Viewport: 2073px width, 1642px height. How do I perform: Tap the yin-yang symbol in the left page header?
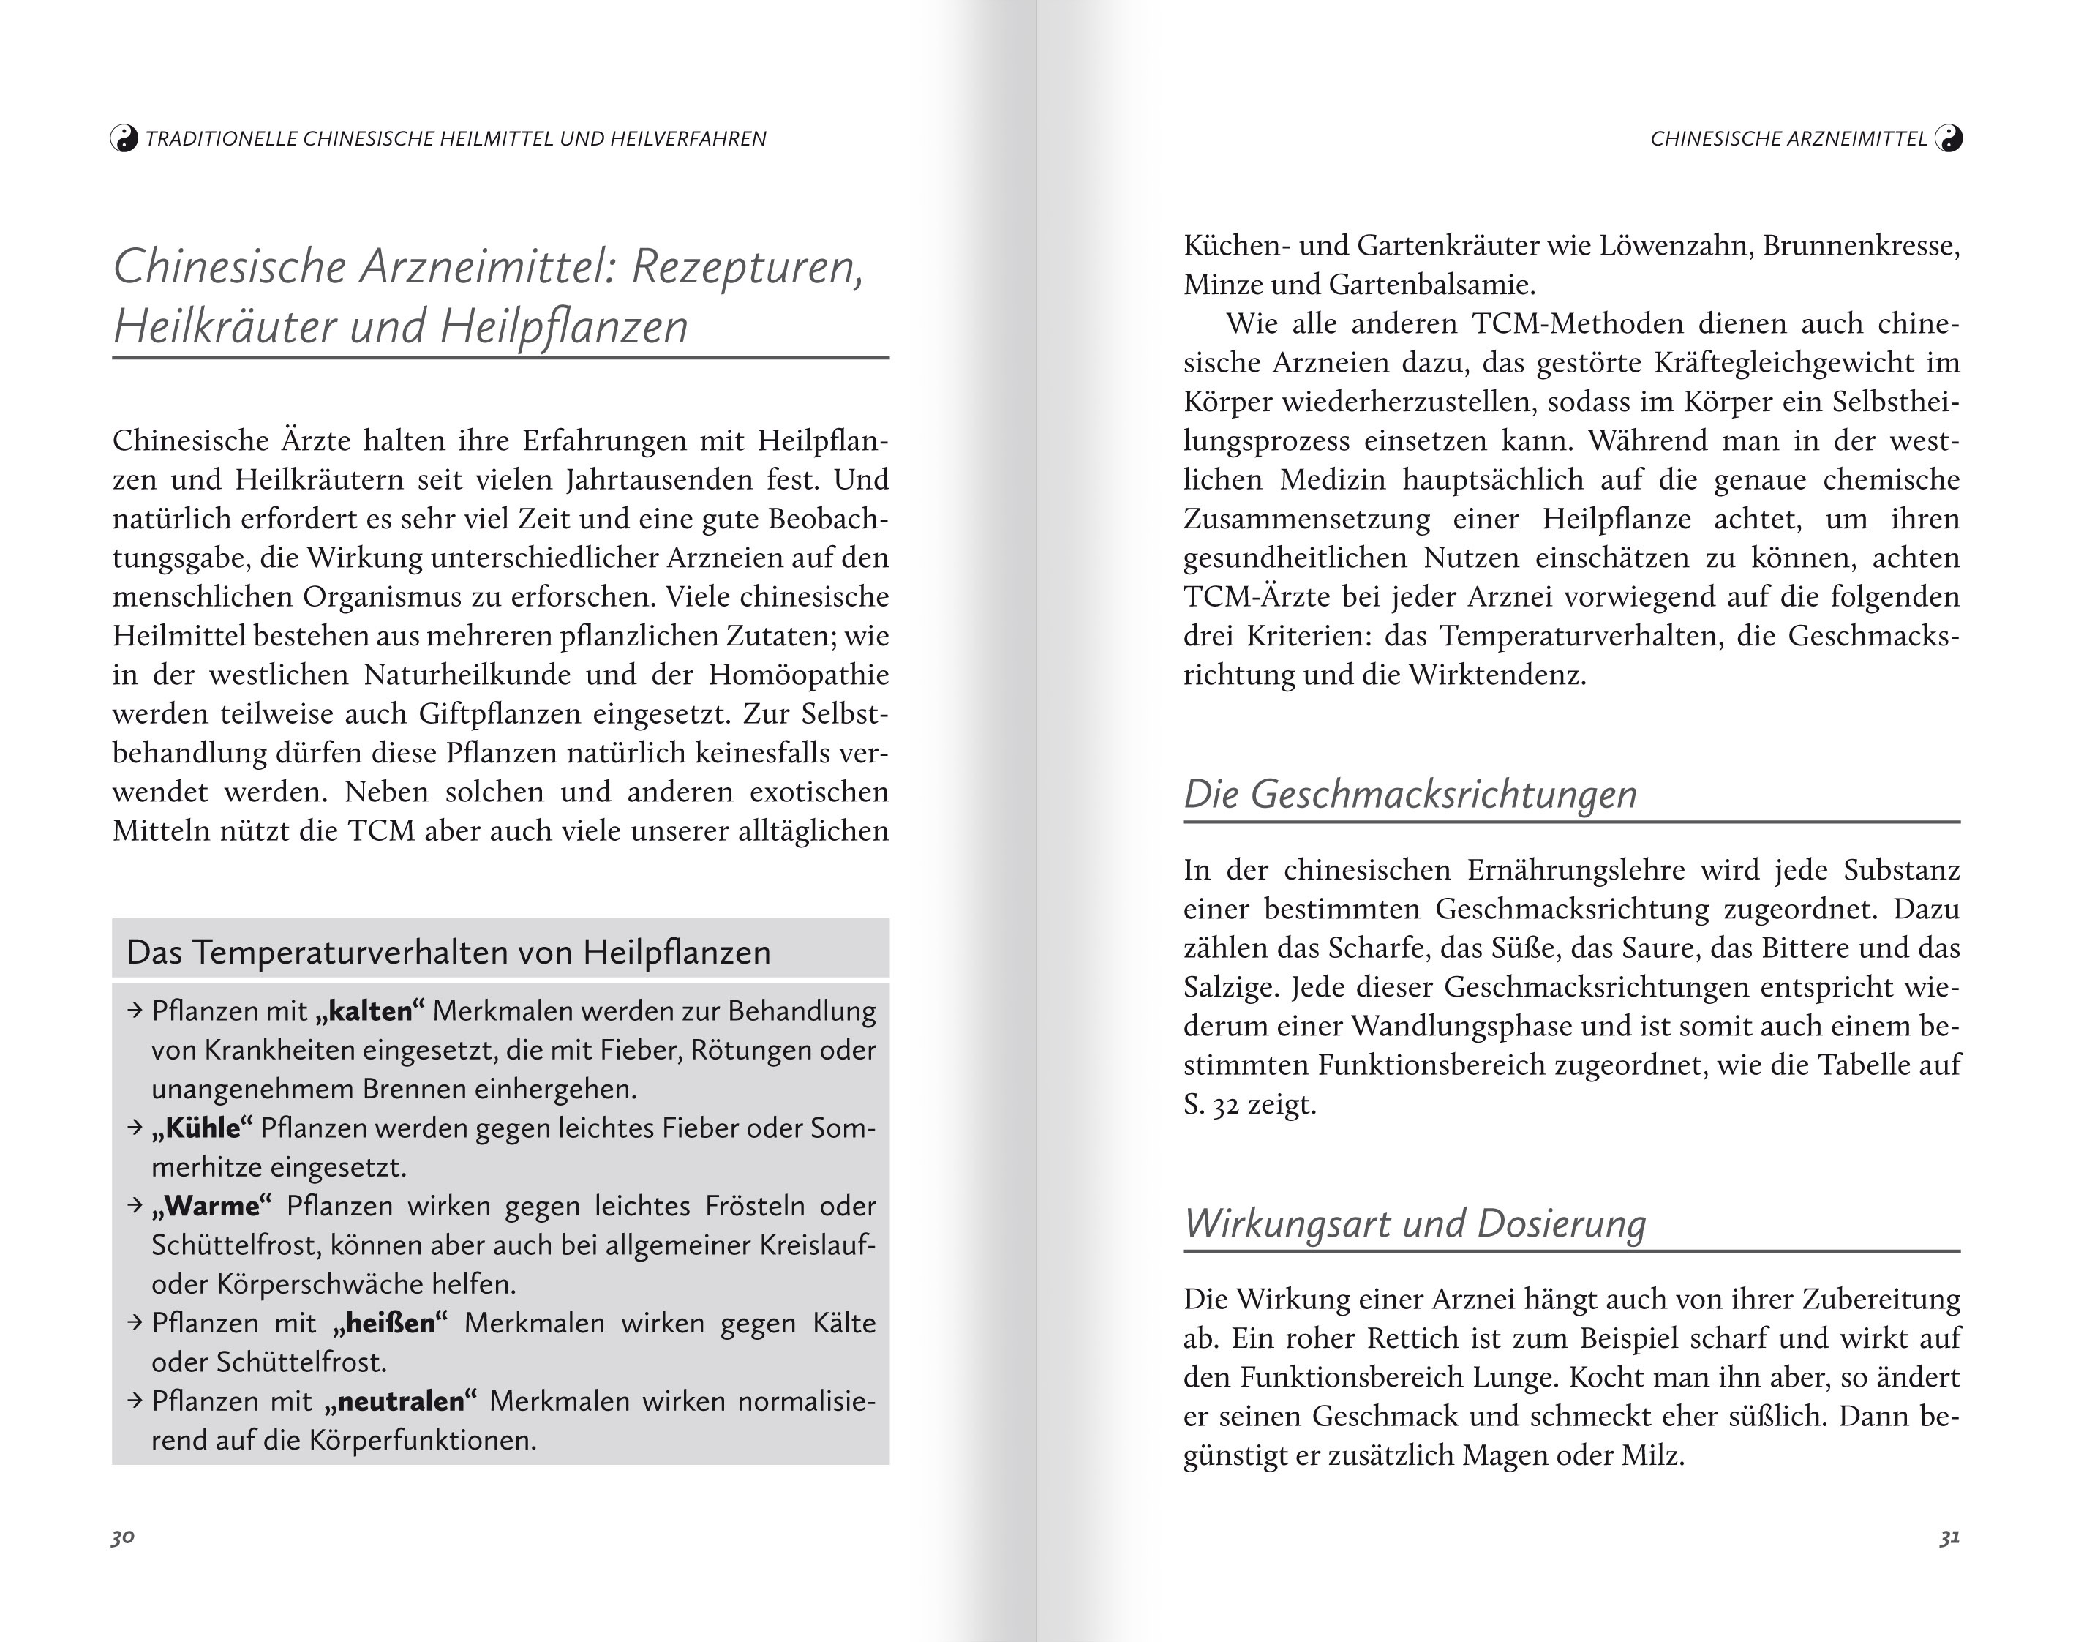tap(124, 138)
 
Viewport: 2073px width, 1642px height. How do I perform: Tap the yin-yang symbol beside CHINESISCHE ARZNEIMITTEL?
tap(1948, 138)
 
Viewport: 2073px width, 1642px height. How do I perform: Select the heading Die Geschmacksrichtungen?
tap(1409, 794)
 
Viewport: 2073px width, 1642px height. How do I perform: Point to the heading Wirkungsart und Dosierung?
tap(1414, 1223)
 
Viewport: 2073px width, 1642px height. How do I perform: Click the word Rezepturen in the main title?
tap(747, 266)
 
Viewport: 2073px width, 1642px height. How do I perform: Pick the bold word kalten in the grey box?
tap(370, 1011)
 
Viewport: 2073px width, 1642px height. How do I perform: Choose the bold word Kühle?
tap(202, 1128)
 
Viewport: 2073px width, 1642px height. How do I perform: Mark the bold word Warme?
tap(212, 1206)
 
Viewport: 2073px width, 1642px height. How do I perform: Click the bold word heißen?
tap(390, 1323)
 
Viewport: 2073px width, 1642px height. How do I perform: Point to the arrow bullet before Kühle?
tap(135, 1128)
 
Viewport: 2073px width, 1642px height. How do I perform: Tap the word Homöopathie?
tap(798, 675)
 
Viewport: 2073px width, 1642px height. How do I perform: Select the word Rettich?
tap(1376, 1338)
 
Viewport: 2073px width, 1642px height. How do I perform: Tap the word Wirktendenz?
tap(1497, 675)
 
